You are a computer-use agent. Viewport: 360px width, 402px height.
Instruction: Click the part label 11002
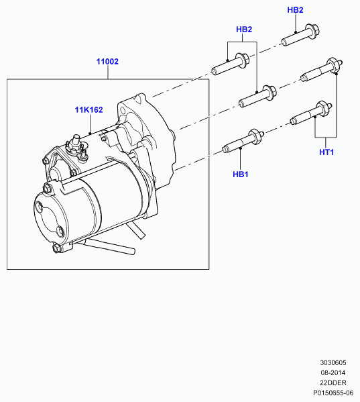107,62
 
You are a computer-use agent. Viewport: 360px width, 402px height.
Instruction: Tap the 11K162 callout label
88,110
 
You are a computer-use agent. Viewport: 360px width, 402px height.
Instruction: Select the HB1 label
241,174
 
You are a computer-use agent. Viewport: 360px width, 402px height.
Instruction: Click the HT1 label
326,152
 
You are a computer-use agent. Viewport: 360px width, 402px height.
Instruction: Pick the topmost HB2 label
295,10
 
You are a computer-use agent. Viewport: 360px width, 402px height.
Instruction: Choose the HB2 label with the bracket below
244,30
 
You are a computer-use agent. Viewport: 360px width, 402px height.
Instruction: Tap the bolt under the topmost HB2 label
300,35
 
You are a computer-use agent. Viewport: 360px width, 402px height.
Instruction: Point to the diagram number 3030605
333,362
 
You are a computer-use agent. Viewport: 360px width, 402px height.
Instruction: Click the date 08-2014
333,372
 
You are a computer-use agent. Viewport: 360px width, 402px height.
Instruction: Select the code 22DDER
333,383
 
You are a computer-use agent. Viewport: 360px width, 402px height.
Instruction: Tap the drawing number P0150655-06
333,393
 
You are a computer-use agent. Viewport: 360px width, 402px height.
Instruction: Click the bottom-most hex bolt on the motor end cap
56,248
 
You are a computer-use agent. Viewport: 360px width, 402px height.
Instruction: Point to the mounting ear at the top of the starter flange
140,99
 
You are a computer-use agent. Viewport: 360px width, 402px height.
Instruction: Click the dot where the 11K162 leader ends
90,133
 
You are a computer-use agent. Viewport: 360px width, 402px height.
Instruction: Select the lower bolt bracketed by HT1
311,113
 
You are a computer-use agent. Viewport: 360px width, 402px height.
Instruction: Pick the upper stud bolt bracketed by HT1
322,70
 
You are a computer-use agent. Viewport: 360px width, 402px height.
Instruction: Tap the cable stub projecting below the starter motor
107,246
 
